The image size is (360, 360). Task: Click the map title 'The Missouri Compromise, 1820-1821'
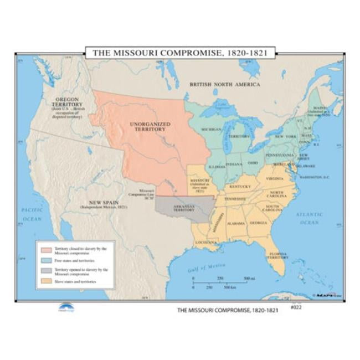point(179,52)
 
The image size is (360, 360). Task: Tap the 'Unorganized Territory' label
point(148,126)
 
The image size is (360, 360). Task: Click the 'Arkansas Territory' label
point(184,208)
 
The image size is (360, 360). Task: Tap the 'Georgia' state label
point(258,223)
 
